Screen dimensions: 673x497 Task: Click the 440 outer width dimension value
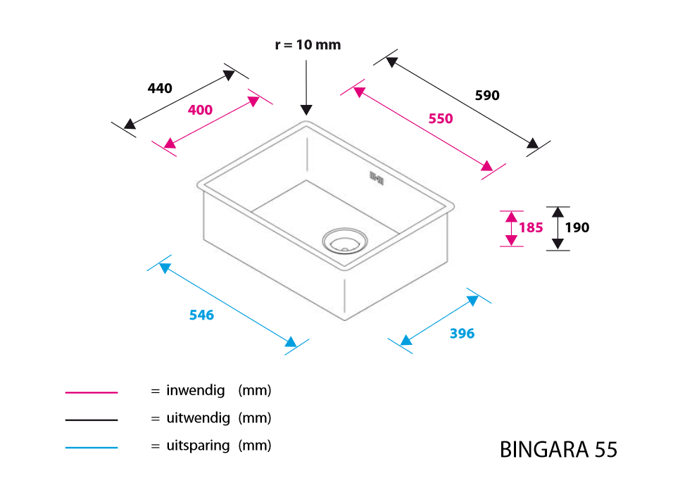[x=160, y=89]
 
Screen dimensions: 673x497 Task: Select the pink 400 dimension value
[x=200, y=110]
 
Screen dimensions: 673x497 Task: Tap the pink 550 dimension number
[x=441, y=118]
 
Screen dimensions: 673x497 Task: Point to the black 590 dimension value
[x=487, y=95]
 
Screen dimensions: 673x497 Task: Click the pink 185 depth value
[x=531, y=227]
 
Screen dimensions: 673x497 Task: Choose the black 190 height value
[x=577, y=227]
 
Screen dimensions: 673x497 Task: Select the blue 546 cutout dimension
[x=202, y=315]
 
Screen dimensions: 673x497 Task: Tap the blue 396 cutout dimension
[x=463, y=334]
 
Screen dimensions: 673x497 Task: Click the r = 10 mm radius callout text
[x=308, y=44]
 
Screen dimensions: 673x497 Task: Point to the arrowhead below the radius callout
[x=306, y=110]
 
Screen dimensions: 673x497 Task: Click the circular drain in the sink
[x=345, y=241]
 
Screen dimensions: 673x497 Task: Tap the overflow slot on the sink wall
[x=377, y=177]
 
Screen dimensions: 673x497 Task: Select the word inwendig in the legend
[x=196, y=391]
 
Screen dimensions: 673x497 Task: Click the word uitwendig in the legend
[x=199, y=418]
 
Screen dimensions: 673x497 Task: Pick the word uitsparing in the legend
[x=199, y=446]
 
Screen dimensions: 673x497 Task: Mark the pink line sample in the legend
[x=92, y=392]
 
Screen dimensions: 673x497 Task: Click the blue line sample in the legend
[x=92, y=448]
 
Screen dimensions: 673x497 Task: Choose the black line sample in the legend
[x=92, y=420]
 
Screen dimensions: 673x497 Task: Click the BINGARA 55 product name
[x=558, y=450]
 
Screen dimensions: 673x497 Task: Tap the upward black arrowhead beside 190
[x=558, y=212]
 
